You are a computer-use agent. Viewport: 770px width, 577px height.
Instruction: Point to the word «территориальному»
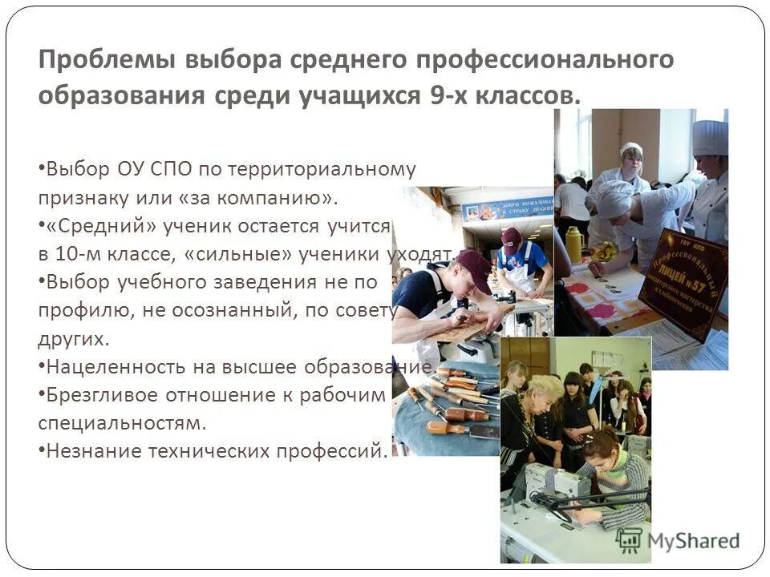[322, 169]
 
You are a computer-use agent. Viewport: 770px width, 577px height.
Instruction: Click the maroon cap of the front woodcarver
[472, 268]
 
